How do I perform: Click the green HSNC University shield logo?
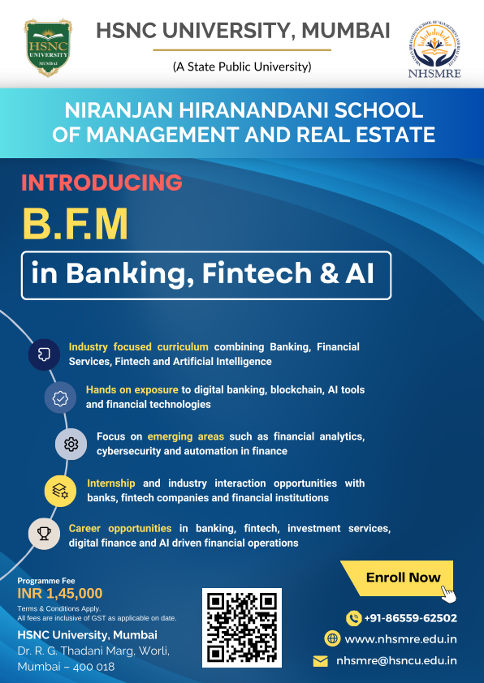tap(48, 48)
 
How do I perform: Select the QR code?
tap(242, 628)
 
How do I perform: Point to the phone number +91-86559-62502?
tap(410, 617)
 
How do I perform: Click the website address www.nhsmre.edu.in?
tap(400, 639)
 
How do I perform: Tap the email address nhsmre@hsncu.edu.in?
tap(396, 660)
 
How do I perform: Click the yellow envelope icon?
tap(321, 661)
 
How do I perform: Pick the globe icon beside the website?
tap(332, 639)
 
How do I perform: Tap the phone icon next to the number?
tap(353, 617)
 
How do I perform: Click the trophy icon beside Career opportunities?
tap(44, 534)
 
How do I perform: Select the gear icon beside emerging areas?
tap(71, 444)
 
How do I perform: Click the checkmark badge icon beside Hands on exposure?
tap(60, 397)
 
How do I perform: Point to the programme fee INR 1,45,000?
tap(60, 593)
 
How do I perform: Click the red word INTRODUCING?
tap(102, 183)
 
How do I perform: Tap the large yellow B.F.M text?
tap(75, 224)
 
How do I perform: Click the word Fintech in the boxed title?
tap(257, 273)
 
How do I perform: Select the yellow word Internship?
tap(111, 483)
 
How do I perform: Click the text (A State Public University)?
tap(242, 67)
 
